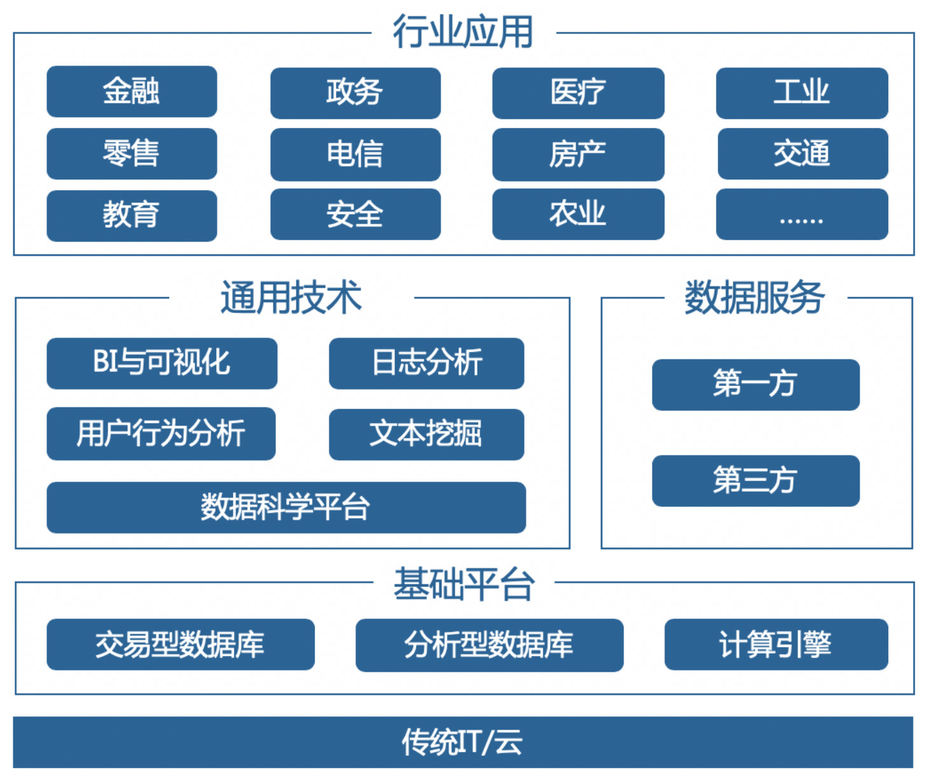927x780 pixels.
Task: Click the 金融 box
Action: point(132,91)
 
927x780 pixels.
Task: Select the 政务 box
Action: point(355,93)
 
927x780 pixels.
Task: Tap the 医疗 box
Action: point(578,93)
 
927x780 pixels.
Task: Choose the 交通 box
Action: point(802,154)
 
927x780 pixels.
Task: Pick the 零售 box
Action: point(132,154)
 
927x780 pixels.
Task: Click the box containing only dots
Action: point(802,214)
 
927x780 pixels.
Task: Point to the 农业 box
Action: point(578,214)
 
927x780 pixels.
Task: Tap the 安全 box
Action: point(355,214)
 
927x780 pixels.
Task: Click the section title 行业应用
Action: point(463,32)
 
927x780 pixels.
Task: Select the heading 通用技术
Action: point(291,297)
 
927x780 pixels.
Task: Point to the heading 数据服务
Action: point(755,297)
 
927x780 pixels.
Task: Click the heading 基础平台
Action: point(464,583)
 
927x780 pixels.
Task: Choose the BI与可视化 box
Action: point(161,363)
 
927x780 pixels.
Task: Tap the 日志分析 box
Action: point(426,363)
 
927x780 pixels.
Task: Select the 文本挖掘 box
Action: point(426,434)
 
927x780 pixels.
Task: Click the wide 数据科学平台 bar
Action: point(285,507)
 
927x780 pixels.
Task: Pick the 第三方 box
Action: point(755,480)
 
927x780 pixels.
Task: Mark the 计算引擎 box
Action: point(776,644)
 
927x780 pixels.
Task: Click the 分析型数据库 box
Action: point(489,644)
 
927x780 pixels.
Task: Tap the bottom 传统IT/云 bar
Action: point(463,742)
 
